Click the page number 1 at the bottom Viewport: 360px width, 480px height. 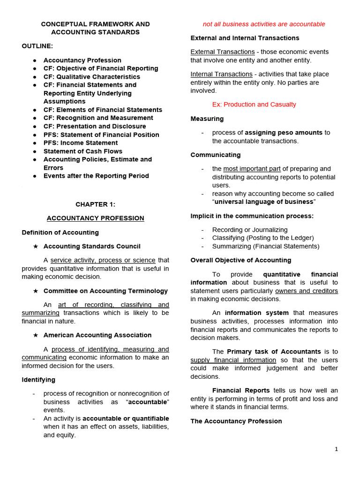[x=336, y=449]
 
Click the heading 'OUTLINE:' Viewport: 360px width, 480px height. [x=37, y=46]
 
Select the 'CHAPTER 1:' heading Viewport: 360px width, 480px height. [x=95, y=204]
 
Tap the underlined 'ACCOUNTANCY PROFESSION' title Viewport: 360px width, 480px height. [x=95, y=218]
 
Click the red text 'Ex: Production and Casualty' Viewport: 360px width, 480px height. [x=254, y=105]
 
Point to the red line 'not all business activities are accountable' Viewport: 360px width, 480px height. [x=264, y=24]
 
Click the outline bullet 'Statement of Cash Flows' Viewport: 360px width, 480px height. [x=83, y=151]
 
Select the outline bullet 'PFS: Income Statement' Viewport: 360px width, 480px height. [x=81, y=143]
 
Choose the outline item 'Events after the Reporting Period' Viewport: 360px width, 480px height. [x=96, y=176]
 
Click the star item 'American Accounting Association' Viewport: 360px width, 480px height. [x=97, y=335]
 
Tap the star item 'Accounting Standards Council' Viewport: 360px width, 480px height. [x=92, y=246]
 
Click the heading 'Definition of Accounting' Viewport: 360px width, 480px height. [x=60, y=232]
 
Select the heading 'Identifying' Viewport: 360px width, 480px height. [x=38, y=380]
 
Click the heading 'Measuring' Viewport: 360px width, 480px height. [x=207, y=119]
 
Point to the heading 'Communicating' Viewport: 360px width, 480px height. [x=216, y=155]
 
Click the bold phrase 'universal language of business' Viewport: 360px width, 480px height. [x=264, y=202]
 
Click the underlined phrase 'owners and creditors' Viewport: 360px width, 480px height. [x=307, y=291]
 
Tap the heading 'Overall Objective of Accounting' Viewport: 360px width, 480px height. [x=241, y=260]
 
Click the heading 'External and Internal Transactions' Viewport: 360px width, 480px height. [x=245, y=38]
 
